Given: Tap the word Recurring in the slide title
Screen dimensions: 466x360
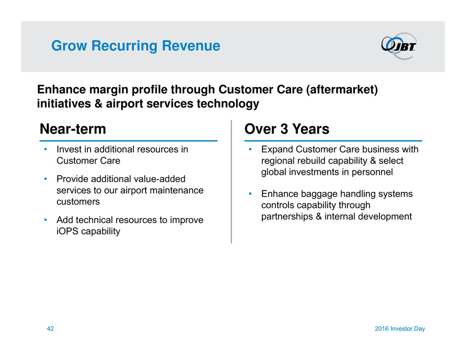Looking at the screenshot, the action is click(124, 46).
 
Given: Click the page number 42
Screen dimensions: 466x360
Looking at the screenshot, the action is click(50, 328).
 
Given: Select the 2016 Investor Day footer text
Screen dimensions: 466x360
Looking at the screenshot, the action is click(400, 328).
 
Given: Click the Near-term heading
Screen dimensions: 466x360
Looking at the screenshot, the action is click(73, 129).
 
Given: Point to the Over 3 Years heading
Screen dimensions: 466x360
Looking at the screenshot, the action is click(287, 129).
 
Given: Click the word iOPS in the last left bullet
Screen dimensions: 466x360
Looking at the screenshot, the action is click(68, 231).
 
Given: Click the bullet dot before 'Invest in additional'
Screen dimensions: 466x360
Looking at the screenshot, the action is click(46, 149).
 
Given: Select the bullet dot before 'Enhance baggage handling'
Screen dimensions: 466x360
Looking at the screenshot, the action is click(250, 194).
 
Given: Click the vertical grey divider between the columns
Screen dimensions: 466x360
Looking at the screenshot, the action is click(231, 182).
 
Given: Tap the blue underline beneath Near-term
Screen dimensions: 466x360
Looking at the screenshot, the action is click(128, 141).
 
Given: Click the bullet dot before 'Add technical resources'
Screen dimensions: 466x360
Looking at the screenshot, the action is click(46, 220).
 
